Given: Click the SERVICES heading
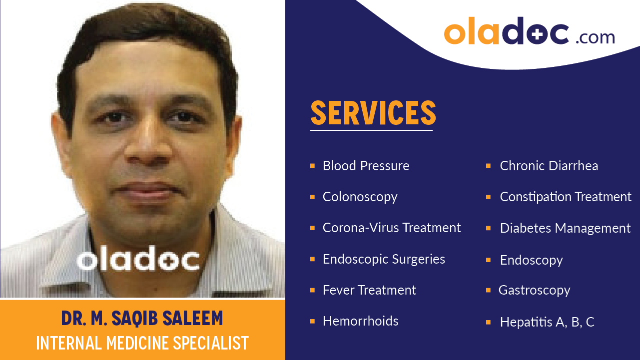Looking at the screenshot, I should [373, 113].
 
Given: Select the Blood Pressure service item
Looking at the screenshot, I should [366, 166].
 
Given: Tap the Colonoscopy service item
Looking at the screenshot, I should [360, 197].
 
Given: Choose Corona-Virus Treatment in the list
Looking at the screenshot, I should [392, 228].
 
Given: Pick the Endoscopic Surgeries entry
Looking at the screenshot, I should [384, 259].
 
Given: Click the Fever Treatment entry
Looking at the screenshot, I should [369, 290].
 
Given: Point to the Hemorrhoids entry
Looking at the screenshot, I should [360, 321].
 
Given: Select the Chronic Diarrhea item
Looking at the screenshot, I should [549, 166].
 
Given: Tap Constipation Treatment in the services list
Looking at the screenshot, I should [566, 197].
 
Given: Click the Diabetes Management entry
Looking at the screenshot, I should [565, 228].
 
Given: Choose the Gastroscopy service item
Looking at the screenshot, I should [534, 290].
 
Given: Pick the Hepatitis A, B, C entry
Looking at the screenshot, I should [547, 322].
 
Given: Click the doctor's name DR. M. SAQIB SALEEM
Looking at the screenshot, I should [142, 318].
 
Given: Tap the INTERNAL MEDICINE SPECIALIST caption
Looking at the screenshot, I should [142, 343].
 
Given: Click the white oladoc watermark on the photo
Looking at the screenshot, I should [138, 260].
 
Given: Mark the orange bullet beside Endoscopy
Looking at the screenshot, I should [488, 260].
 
